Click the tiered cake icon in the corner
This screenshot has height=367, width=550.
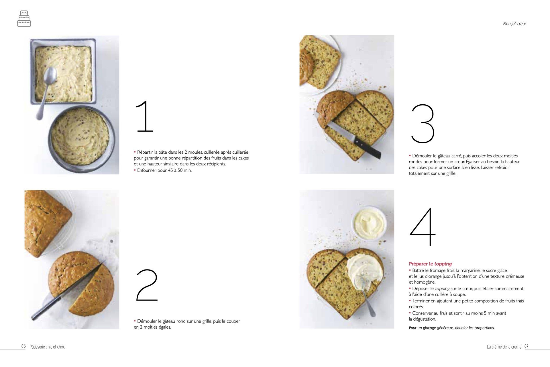coord(24,19)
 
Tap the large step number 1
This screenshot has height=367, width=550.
coord(145,116)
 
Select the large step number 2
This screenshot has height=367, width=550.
coord(147,285)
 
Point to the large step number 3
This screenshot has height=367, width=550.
coord(423,124)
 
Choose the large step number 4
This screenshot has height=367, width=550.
coord(423,227)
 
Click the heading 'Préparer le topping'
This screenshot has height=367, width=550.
coord(430,264)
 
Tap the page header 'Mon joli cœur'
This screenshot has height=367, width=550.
coord(514,24)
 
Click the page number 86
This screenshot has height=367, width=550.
coord(23,346)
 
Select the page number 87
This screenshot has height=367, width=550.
coord(527,346)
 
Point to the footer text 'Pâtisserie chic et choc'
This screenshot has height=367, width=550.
coord(47,347)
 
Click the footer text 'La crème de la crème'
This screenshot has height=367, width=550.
coord(504,347)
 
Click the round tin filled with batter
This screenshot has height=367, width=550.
coord(81,139)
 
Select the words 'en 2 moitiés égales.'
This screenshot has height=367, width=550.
coord(152,327)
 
